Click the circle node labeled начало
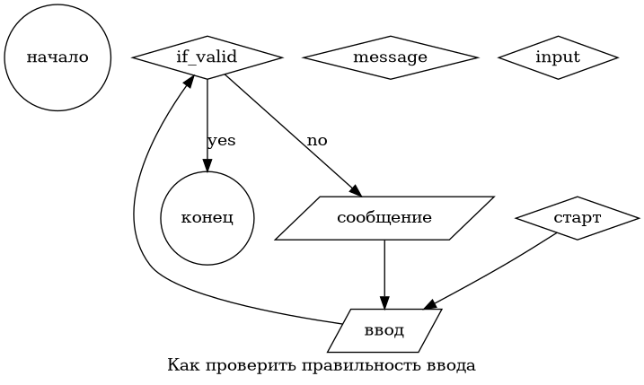(57, 57)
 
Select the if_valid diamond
(207, 57)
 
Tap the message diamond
(390, 57)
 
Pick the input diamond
(558, 57)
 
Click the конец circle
(207, 218)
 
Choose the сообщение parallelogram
(384, 218)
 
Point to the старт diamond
(578, 218)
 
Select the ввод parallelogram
(384, 330)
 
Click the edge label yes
(221, 141)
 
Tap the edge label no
(317, 141)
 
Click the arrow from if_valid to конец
(207, 117)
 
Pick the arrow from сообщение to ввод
(384, 269)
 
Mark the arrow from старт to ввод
(494, 273)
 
